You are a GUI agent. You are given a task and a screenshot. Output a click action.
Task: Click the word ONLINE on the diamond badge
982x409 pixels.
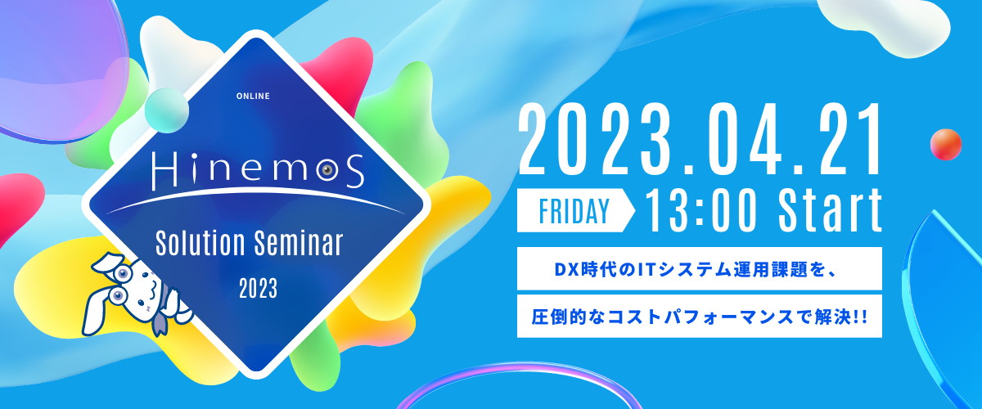point(253,96)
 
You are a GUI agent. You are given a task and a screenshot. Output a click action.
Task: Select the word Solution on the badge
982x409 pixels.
point(200,243)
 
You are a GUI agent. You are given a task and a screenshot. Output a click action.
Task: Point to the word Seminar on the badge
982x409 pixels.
point(299,243)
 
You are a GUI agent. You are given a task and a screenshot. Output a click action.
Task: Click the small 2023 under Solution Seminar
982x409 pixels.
point(259,289)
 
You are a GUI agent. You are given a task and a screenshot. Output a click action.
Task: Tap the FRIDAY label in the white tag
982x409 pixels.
point(574,211)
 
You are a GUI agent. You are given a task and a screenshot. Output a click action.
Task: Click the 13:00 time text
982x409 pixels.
point(701,211)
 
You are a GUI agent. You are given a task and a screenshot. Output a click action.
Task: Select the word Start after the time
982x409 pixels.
point(830,211)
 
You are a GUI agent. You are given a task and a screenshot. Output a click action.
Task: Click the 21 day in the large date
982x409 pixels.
point(845,140)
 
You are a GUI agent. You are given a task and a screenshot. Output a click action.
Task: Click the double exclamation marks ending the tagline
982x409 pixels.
point(861,317)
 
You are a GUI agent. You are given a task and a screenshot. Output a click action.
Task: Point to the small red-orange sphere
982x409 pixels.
point(946,145)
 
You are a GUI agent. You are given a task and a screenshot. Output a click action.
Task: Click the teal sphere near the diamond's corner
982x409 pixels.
point(167,110)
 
